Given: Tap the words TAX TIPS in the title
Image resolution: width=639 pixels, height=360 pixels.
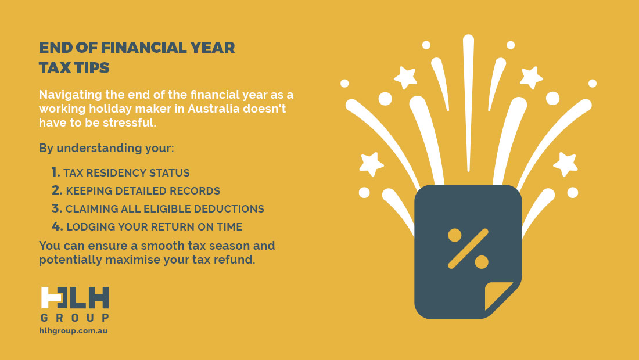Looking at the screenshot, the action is pyautogui.click(x=74, y=67).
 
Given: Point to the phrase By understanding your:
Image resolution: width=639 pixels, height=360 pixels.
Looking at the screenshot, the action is pyautogui.click(x=106, y=148).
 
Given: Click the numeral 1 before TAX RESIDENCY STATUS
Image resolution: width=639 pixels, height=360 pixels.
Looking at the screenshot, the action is pyautogui.click(x=55, y=172).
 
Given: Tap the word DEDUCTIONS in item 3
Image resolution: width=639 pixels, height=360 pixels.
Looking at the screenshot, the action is pyautogui.click(x=229, y=208).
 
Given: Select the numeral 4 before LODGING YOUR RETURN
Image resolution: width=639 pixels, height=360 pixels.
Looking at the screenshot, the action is pyautogui.click(x=57, y=226).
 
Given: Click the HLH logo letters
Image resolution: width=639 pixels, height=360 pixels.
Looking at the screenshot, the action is pyautogui.click(x=75, y=298).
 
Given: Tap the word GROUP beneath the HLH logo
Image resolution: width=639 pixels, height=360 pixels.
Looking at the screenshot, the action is pyautogui.click(x=75, y=318).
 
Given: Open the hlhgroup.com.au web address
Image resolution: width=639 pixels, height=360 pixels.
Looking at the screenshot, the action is pyautogui.click(x=74, y=331).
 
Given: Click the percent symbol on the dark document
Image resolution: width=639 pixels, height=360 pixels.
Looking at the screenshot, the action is pyautogui.click(x=468, y=249).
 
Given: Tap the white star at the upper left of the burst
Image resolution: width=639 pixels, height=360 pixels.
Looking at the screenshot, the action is pyautogui.click(x=405, y=77).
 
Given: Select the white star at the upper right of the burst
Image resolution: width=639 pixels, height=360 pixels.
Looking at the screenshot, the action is pyautogui.click(x=532, y=77).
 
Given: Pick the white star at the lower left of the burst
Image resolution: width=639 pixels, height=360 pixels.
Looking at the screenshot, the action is pyautogui.click(x=371, y=164).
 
